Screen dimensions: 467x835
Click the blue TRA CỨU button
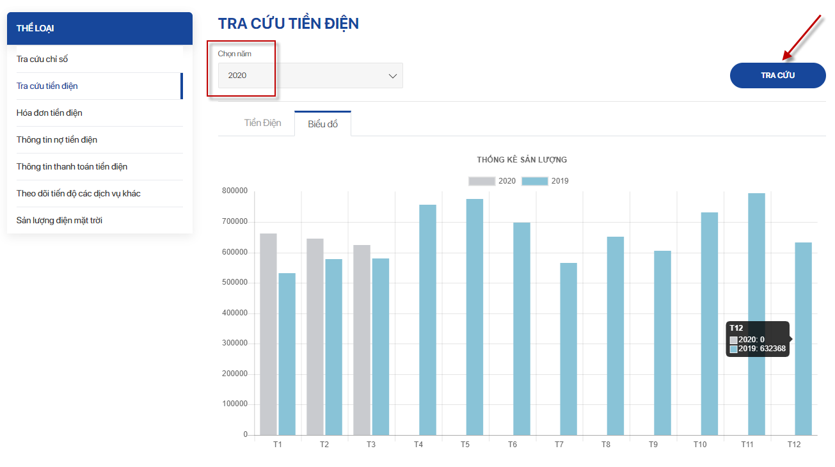(777, 75)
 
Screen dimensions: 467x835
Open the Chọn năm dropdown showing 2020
(310, 75)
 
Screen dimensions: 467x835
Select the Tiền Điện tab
(262, 123)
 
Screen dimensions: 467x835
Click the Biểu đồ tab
(322, 124)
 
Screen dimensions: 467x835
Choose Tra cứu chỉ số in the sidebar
(42, 59)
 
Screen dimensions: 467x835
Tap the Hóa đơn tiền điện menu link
(49, 113)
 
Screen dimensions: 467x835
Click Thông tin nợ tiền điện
(57, 140)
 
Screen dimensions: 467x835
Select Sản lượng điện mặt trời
(60, 221)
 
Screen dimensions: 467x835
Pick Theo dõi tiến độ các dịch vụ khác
(79, 194)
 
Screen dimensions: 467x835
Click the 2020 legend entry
(492, 181)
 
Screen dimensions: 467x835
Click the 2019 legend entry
(545, 181)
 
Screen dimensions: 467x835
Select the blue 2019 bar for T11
(756, 313)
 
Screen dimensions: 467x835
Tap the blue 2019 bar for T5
(474, 317)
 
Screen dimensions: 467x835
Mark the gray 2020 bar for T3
(362, 340)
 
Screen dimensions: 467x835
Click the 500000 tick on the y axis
(234, 283)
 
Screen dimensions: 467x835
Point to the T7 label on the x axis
(559, 444)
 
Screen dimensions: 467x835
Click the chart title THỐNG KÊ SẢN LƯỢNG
(521, 160)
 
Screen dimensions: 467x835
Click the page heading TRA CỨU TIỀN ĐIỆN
(288, 24)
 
